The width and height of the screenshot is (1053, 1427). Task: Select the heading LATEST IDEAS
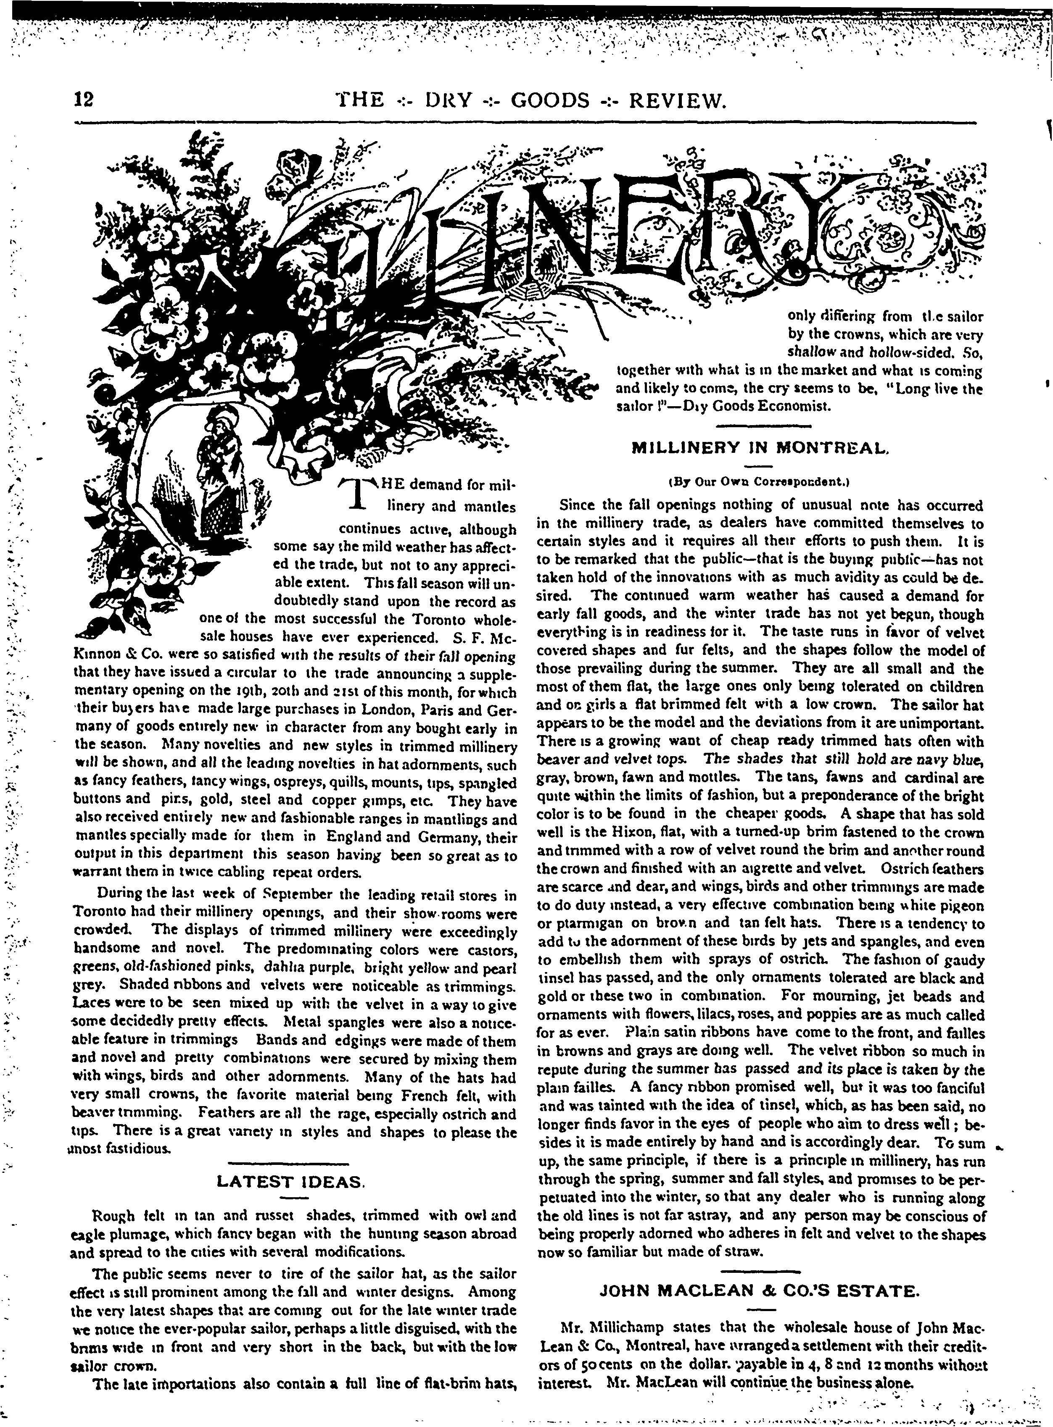tap(290, 1182)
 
